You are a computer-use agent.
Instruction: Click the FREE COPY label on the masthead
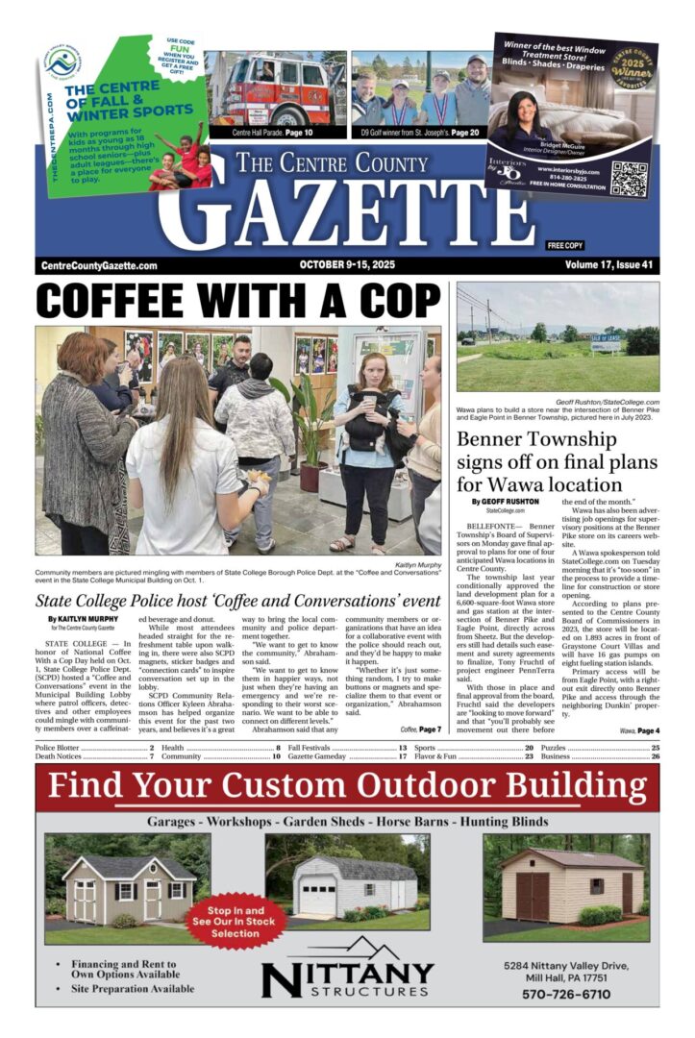click(565, 246)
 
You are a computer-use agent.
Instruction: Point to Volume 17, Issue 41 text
click(608, 265)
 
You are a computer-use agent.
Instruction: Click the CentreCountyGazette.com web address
click(100, 266)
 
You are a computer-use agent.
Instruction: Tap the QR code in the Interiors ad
click(630, 178)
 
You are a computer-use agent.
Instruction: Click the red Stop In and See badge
click(236, 920)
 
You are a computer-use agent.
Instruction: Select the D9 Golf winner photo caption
click(419, 132)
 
